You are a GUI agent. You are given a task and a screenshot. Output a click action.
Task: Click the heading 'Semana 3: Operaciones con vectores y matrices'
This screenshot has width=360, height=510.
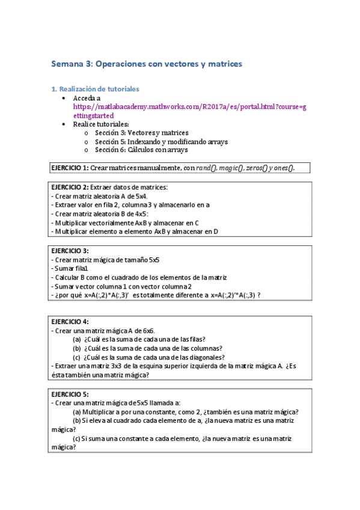point(147,63)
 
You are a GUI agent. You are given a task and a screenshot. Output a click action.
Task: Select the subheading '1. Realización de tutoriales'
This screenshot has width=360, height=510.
point(95,88)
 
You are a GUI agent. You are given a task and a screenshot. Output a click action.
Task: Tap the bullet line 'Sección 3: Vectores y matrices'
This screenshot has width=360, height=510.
point(141,132)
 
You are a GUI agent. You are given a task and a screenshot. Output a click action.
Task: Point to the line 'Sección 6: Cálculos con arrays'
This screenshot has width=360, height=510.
point(141,150)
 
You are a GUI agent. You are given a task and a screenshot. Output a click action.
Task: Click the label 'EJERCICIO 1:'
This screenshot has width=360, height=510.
point(70,168)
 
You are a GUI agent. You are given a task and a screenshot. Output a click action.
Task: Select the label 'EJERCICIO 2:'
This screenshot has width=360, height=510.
point(70,188)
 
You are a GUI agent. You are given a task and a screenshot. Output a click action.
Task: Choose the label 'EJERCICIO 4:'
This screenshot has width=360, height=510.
point(70,322)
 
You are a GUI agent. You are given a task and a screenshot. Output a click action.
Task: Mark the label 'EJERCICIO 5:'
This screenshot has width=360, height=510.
point(70,395)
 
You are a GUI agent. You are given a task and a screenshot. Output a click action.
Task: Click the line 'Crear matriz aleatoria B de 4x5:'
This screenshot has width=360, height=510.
point(101,214)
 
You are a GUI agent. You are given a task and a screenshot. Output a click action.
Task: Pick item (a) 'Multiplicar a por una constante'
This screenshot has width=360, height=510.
point(186,412)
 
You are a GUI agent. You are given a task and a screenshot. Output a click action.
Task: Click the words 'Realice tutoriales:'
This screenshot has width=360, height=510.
point(101,124)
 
